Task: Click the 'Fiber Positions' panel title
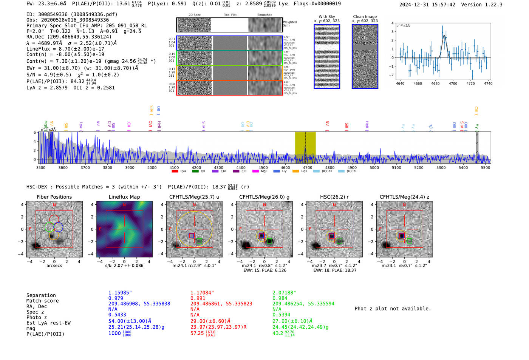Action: [x=54, y=197]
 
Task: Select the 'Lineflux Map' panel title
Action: [x=124, y=197]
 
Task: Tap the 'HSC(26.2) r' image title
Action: [x=334, y=197]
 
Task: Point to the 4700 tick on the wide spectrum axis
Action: [x=308, y=167]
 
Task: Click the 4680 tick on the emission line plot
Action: [x=435, y=83]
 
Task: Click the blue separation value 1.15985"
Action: [x=120, y=293]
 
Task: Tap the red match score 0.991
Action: [x=198, y=298]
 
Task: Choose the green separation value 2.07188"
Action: [x=284, y=293]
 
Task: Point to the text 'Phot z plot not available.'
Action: [x=393, y=309]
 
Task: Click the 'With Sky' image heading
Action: [x=326, y=17]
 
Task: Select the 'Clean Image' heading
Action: [x=365, y=17]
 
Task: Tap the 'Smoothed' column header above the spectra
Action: [x=264, y=15]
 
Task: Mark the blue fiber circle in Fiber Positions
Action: [x=58, y=227]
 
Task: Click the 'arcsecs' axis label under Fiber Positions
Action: [x=54, y=266]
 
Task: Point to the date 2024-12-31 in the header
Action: [x=414, y=5]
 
